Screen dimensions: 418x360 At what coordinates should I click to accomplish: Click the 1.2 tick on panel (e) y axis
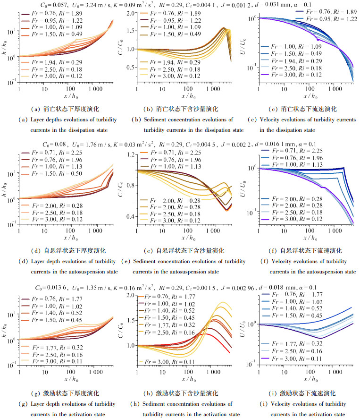[x=130, y=155]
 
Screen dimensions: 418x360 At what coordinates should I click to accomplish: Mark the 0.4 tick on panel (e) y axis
[x=130, y=216]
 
